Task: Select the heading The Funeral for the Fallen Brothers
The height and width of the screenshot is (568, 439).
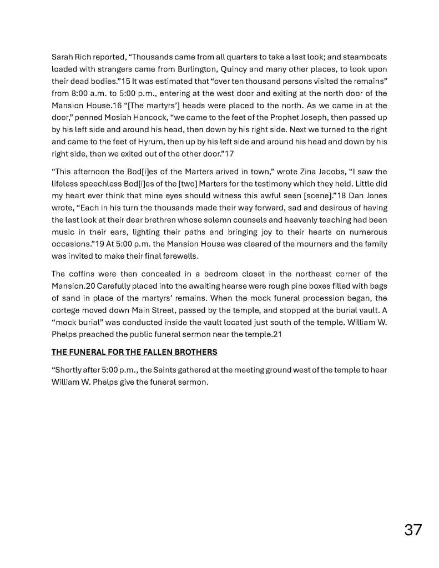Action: [134, 352]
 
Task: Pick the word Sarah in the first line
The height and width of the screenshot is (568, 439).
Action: [63, 58]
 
